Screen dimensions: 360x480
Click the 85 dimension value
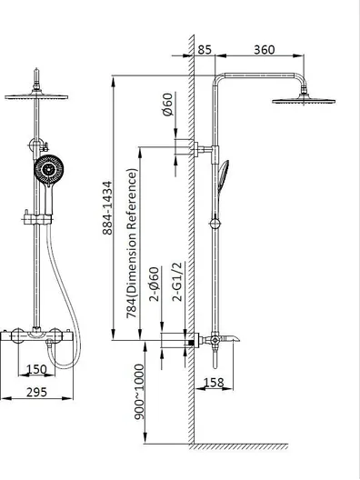[205, 50]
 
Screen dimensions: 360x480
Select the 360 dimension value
[265, 50]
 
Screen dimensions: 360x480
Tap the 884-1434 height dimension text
[107, 208]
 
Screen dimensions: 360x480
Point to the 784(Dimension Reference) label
[132, 244]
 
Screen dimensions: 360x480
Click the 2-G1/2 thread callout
[177, 282]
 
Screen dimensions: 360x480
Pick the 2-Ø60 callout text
[155, 284]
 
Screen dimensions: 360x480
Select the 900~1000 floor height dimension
[139, 392]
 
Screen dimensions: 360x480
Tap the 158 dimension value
[214, 383]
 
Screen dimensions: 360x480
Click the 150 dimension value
[36, 369]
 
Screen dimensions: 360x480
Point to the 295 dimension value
[36, 392]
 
